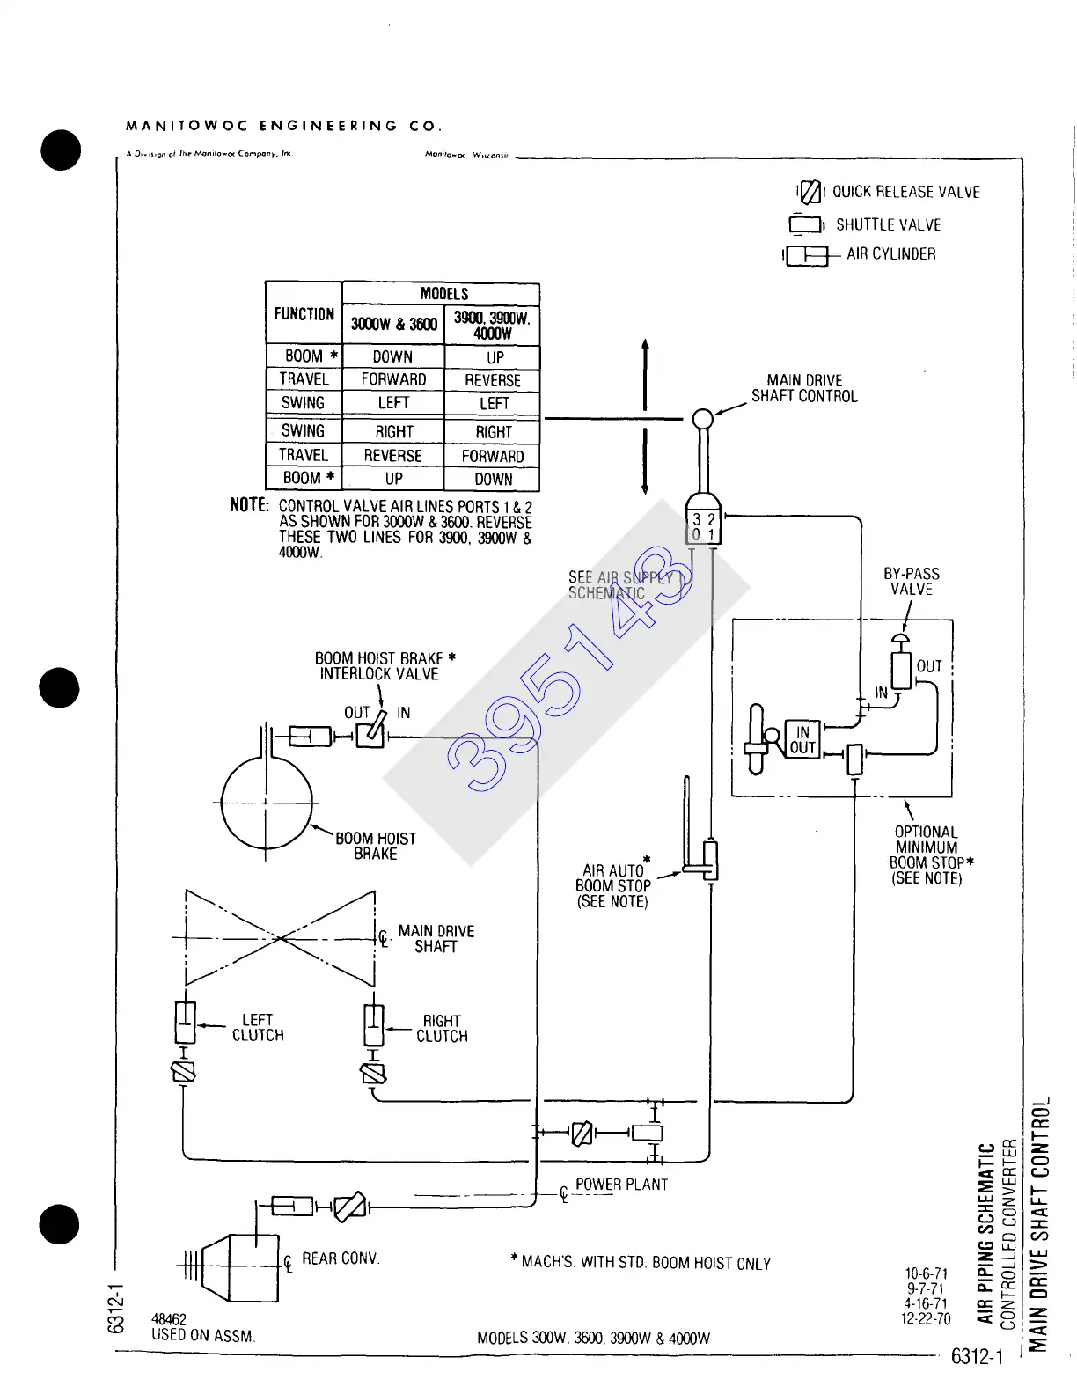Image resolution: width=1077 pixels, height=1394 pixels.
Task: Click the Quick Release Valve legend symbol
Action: point(810,191)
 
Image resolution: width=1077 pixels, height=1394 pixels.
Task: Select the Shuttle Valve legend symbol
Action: point(805,225)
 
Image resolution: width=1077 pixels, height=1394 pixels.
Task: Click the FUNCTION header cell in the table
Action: point(304,313)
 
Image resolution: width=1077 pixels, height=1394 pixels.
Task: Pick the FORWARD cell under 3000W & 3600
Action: point(393,379)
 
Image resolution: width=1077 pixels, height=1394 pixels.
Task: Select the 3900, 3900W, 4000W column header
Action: point(492,325)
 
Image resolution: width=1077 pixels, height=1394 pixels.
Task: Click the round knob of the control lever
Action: point(702,419)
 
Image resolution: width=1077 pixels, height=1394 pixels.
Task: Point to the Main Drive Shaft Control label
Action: point(804,388)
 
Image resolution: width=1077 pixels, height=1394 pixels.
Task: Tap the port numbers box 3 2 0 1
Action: point(703,527)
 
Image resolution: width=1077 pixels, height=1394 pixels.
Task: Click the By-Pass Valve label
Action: point(911,581)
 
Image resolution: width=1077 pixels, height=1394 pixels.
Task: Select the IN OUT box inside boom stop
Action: point(802,740)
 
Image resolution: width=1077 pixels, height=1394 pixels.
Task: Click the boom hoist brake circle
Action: point(266,803)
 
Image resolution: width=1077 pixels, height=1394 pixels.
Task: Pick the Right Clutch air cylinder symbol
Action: point(374,1024)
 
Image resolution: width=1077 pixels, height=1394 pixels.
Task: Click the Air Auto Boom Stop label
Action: point(613,885)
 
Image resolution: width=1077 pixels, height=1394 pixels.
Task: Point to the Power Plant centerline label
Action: point(621,1185)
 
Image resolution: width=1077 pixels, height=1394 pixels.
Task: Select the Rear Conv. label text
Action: point(341,1258)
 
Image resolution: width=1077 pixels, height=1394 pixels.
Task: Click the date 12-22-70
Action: point(926,1319)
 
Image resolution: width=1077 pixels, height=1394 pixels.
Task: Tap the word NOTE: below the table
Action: point(249,505)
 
